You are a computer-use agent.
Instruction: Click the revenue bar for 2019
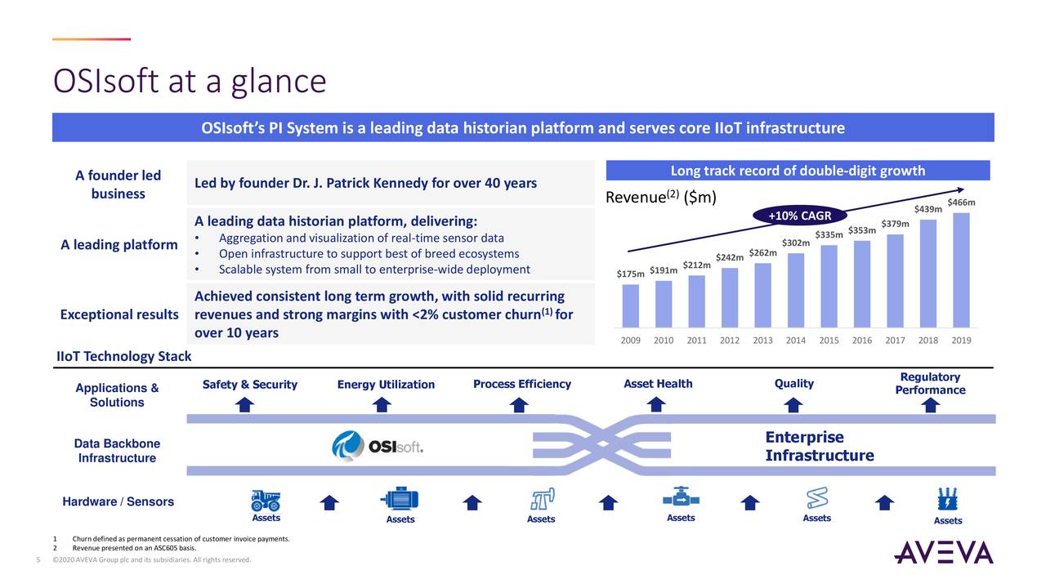[961, 270]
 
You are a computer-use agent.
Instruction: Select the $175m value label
[630, 274]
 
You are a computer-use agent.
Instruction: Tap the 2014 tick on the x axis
[796, 340]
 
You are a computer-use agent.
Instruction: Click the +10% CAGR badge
[799, 216]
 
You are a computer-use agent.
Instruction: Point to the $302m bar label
[795, 243]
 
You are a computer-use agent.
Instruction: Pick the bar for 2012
[730, 297]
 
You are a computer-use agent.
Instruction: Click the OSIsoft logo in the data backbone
[378, 447]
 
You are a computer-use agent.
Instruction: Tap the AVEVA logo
[944, 552]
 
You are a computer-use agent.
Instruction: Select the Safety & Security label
[250, 385]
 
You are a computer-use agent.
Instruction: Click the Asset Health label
[658, 384]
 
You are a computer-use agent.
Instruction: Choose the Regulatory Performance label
[930, 383]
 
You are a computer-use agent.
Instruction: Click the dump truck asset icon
[266, 499]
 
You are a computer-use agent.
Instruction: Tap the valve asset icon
[680, 497]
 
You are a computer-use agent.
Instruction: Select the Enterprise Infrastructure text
[819, 446]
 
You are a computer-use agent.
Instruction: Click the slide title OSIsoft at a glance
[190, 81]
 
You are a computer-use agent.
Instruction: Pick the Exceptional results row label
[119, 314]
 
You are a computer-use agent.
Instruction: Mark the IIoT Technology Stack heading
[123, 356]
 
